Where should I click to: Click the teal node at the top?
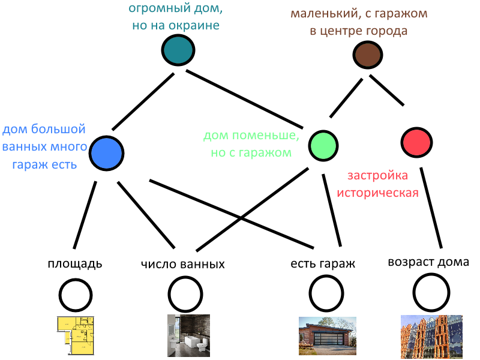click(178, 50)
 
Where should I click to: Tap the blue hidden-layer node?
click(107, 152)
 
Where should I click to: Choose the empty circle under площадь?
click(76, 294)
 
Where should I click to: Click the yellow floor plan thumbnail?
click(76, 335)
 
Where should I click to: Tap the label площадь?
click(75, 263)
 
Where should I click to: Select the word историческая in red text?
click(377, 193)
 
